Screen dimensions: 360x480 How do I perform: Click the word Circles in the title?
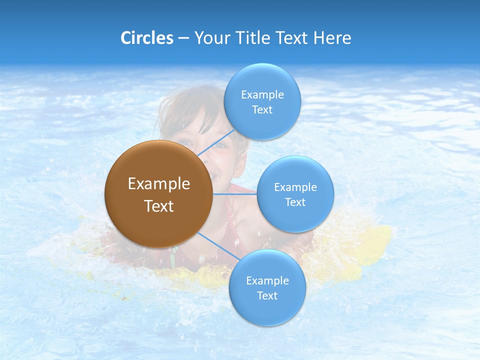click(147, 38)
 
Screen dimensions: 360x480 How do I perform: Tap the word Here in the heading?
click(332, 38)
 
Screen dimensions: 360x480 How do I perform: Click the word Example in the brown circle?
click(159, 183)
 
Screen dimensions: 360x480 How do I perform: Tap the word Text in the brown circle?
click(159, 206)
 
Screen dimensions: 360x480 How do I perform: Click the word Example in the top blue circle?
click(262, 94)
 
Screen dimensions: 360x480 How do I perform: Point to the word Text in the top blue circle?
click(262, 110)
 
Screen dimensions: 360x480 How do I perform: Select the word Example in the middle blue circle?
click(295, 187)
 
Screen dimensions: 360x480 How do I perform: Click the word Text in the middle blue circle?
click(295, 202)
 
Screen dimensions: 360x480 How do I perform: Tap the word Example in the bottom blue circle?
click(267, 280)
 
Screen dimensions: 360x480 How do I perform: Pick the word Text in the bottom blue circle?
click(267, 296)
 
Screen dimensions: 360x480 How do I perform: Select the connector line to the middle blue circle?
click(235, 194)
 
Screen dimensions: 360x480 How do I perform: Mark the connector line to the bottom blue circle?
click(219, 246)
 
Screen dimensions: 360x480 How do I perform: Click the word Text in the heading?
click(292, 38)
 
